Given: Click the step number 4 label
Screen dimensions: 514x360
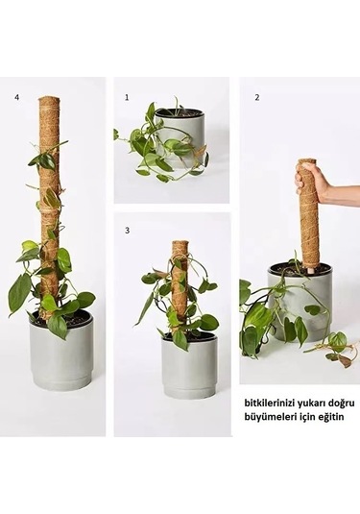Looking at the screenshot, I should (16, 97).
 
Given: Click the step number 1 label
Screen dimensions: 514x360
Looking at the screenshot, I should (126, 97).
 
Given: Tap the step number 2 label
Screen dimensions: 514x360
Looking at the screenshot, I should (256, 97).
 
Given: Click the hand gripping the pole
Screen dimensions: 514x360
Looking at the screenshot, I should (313, 181).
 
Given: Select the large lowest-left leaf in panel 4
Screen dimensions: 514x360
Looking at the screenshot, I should (18, 292).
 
